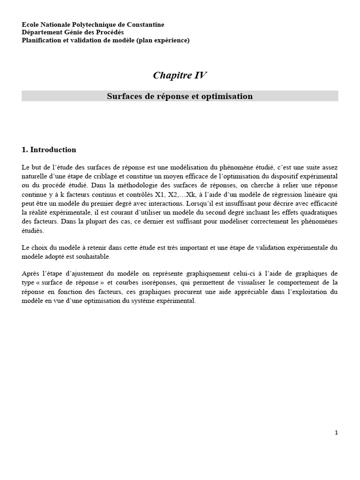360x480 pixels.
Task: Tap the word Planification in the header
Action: coord(41,40)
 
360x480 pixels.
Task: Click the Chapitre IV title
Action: coord(180,76)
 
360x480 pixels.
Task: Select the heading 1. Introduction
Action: coord(49,150)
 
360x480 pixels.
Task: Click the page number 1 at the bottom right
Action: coord(336,433)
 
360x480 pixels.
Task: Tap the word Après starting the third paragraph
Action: coord(31,273)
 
